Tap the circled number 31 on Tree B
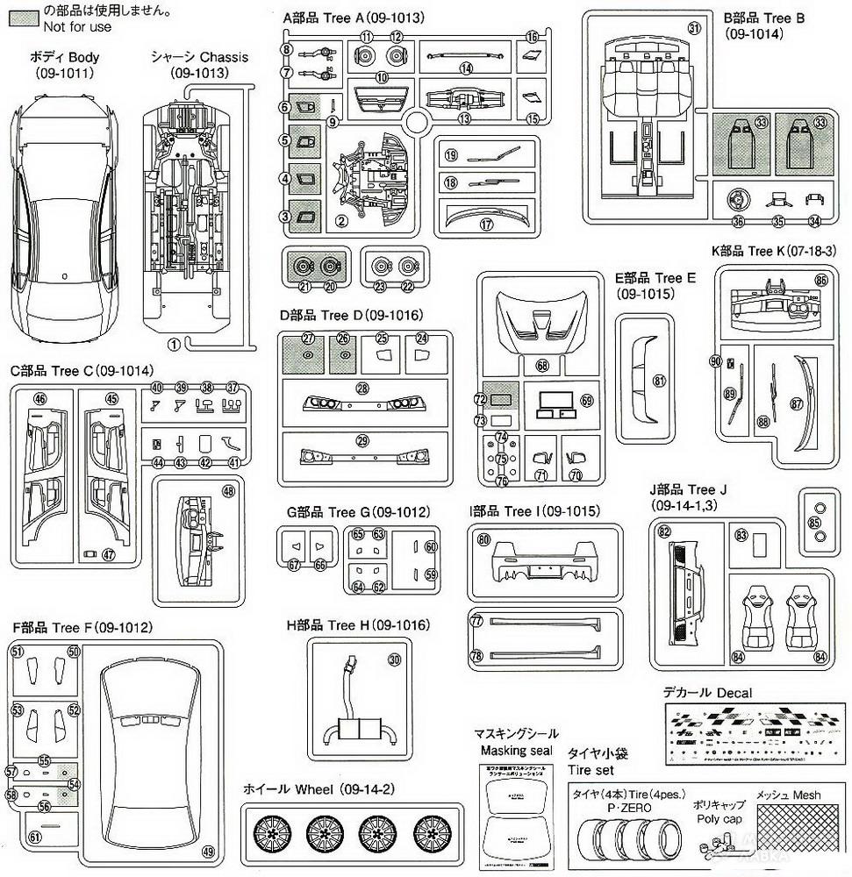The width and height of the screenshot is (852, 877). pos(694,27)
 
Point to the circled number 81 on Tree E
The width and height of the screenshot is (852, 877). pos(659,381)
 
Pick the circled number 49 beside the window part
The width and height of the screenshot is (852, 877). pos(207,851)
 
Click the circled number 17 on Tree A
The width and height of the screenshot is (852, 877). pos(485,223)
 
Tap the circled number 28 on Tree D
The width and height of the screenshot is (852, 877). pos(362,387)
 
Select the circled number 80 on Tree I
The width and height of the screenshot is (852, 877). pos(483,540)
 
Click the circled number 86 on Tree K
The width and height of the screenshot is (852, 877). pos(821,280)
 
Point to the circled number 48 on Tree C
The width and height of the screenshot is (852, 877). pos(229,492)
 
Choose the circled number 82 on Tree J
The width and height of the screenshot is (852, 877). pos(664,531)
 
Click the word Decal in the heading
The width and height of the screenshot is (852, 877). pos(733,693)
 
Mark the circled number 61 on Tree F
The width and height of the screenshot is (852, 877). pos(35,837)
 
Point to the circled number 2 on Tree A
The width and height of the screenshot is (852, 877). pos(340,219)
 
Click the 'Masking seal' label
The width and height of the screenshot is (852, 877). pos(515,751)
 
